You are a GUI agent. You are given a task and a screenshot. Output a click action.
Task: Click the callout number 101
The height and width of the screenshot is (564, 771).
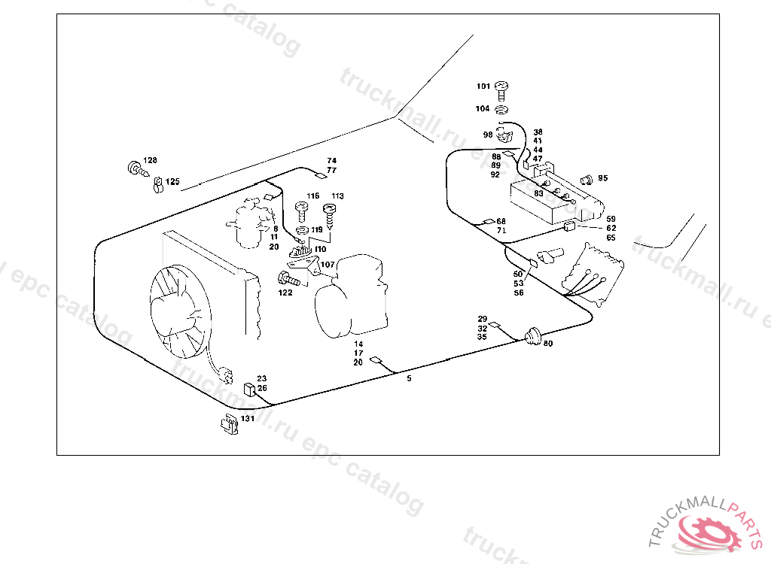click(483, 86)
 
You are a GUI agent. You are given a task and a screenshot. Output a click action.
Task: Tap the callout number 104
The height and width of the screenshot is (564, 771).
click(483, 108)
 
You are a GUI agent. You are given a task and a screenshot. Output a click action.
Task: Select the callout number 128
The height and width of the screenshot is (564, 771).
click(151, 160)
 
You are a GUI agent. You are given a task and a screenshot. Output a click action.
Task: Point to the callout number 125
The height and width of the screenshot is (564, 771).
click(173, 181)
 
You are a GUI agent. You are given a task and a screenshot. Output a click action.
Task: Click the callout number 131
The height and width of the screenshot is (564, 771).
click(248, 418)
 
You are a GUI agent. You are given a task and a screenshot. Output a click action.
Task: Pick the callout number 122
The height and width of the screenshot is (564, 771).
click(285, 293)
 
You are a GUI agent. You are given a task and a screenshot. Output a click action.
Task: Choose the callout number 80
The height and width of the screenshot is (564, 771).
click(547, 344)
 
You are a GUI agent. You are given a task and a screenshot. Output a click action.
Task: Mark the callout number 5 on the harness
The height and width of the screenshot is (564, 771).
click(409, 378)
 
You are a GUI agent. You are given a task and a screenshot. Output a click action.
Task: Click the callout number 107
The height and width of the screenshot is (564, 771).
click(328, 264)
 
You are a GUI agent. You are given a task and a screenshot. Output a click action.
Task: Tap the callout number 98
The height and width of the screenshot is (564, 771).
click(488, 135)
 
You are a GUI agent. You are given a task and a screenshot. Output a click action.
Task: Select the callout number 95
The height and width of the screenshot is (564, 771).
click(602, 178)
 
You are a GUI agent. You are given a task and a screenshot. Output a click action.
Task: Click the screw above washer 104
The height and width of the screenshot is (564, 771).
click(502, 90)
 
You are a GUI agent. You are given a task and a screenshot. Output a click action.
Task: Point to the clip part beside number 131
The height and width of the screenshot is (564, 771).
click(228, 424)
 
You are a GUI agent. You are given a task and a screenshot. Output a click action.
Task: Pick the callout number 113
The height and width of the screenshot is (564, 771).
click(337, 196)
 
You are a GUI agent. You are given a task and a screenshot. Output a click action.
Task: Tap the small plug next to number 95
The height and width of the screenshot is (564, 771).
click(587, 180)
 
